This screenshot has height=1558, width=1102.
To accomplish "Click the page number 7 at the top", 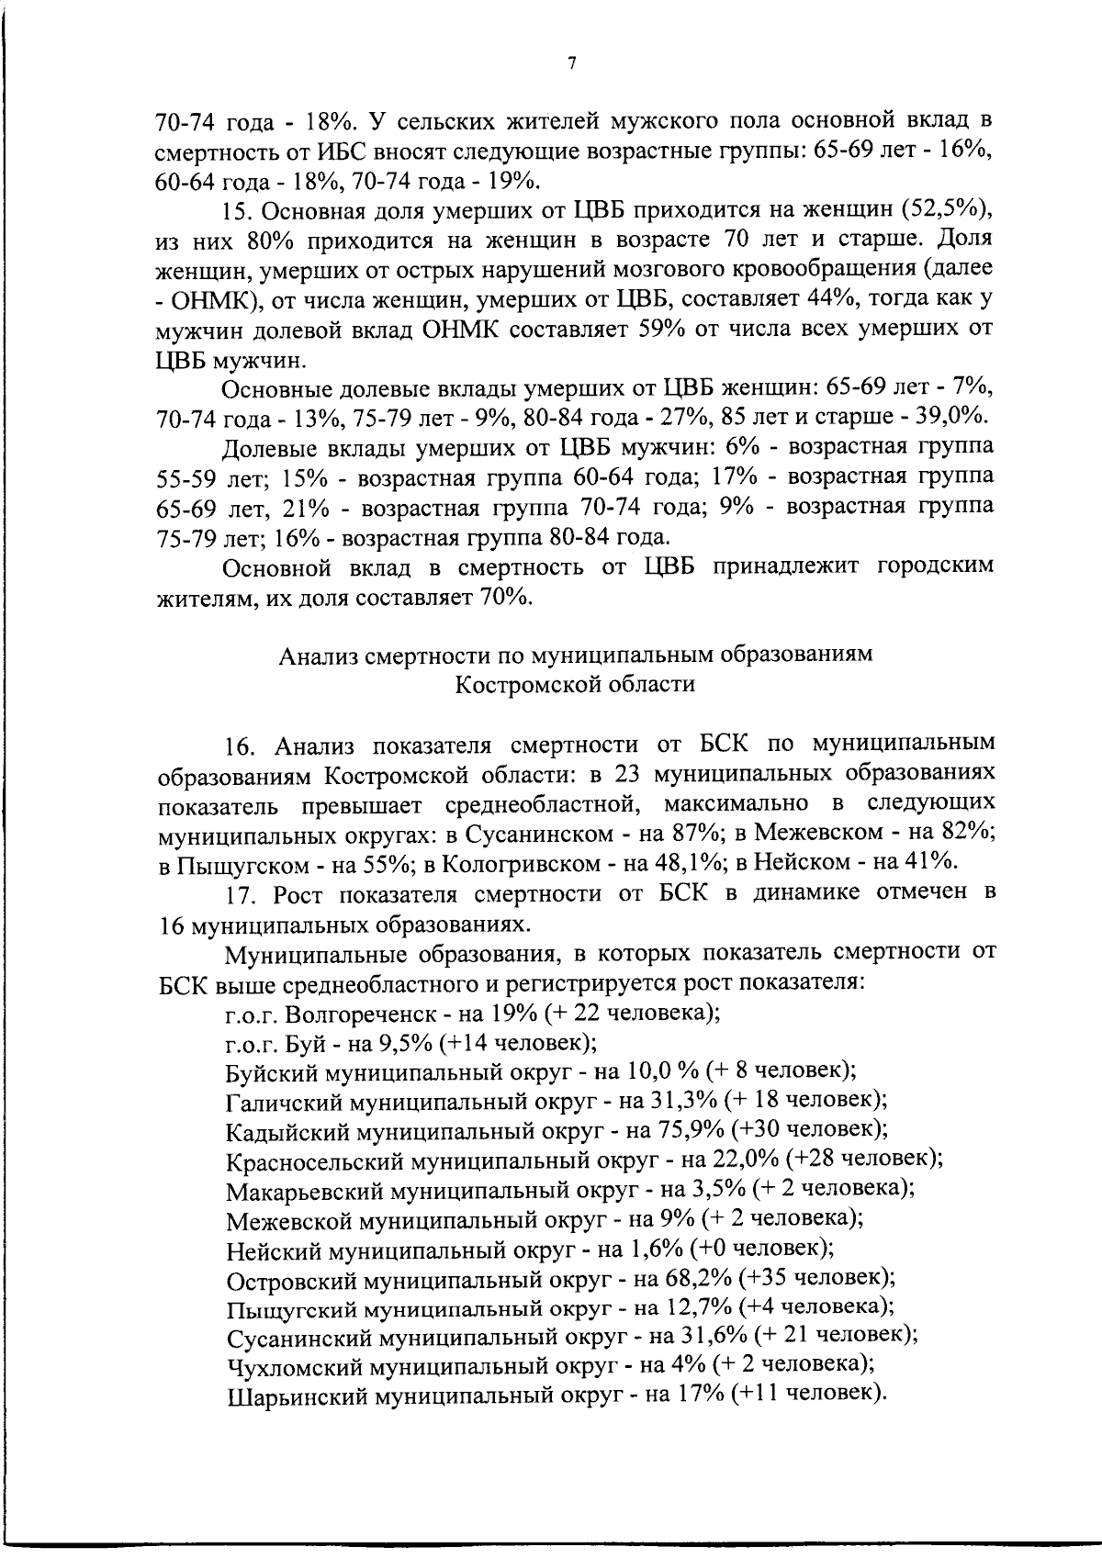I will pos(571,63).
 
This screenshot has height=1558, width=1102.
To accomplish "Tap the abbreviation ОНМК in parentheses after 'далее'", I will pos(208,300).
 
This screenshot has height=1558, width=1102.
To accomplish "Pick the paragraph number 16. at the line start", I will pos(242,745).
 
